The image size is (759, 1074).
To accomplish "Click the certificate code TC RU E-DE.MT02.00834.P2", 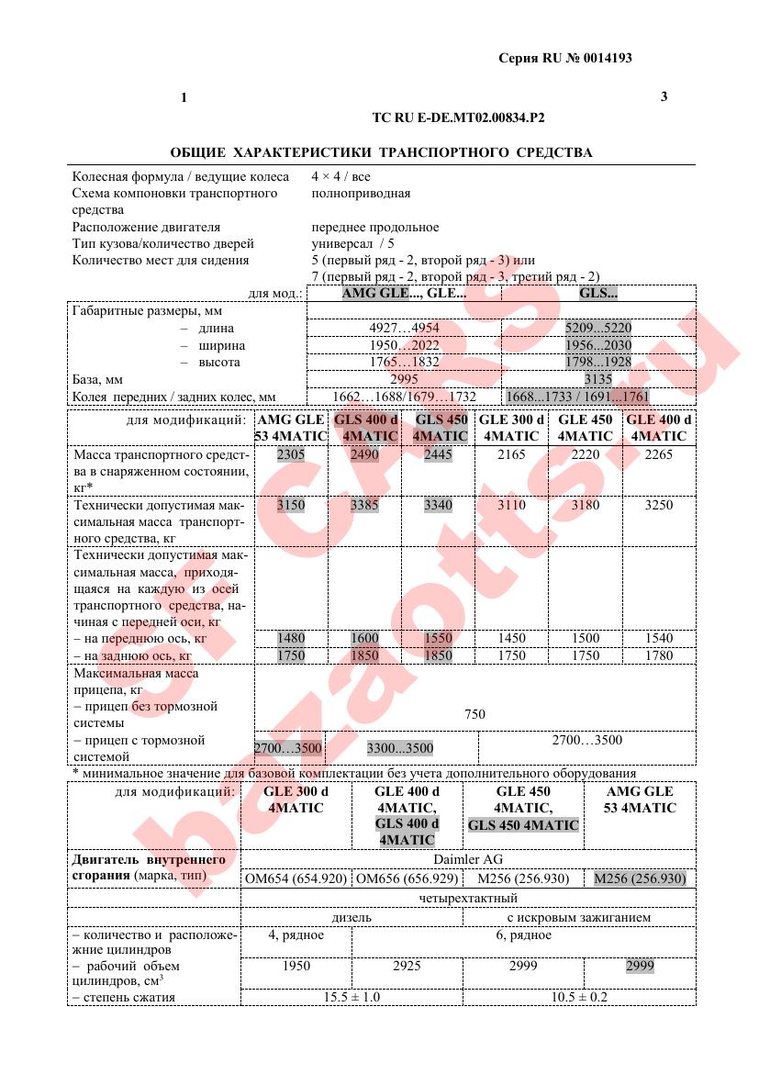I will coord(458,117).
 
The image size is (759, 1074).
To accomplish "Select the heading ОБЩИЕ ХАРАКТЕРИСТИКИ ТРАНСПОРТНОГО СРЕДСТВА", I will coord(381,152).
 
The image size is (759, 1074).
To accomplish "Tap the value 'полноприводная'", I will coord(361,194).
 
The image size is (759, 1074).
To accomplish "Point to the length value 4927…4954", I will coord(404,329).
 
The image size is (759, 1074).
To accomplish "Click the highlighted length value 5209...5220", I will coord(597,329).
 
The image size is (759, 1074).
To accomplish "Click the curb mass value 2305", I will coord(291,455).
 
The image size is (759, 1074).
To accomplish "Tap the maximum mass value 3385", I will coord(364,505).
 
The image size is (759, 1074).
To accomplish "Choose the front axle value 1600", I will coord(364,638).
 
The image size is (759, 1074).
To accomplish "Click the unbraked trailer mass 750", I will coord(474,714).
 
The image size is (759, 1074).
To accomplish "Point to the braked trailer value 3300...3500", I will coord(400,749).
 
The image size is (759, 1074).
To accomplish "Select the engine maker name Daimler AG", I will coord(467,860).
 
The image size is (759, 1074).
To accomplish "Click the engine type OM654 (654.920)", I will coord(296,879).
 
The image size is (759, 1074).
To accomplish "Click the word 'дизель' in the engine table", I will coord(352,917).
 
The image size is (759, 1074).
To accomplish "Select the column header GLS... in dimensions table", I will coord(597,295).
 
